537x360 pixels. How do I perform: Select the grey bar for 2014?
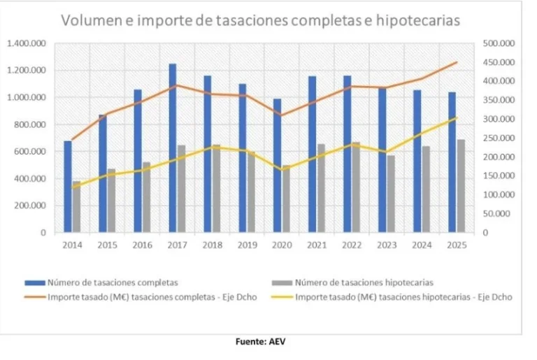pos(76,207)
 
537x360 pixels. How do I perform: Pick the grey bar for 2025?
pos(461,186)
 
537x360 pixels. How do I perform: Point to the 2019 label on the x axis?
pos(247,245)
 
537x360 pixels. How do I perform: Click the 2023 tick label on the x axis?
pos(387,245)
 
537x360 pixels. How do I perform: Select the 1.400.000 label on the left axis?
pos(27,43)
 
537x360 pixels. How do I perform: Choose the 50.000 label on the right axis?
pos(501,214)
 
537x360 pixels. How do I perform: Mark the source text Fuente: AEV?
pos(262,342)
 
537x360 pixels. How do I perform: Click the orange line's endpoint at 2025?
pos(457,62)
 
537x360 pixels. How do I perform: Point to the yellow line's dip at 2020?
pos(282,170)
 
